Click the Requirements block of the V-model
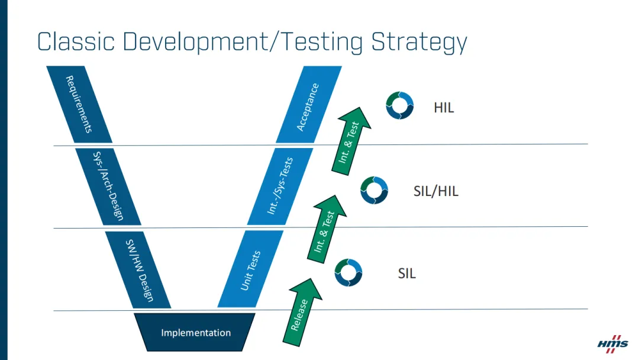click(79, 104)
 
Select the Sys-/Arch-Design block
click(108, 186)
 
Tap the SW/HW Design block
click(138, 269)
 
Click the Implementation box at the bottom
click(196, 332)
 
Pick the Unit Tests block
click(251, 269)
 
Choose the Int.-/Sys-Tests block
click(280, 186)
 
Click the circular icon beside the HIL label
click(400, 105)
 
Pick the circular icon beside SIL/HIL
click(375, 189)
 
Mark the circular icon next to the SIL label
click(348, 272)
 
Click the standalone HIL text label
click(444, 108)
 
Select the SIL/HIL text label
click(435, 191)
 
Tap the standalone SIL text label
click(406, 274)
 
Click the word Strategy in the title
click(419, 43)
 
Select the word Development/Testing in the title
click(249, 43)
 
